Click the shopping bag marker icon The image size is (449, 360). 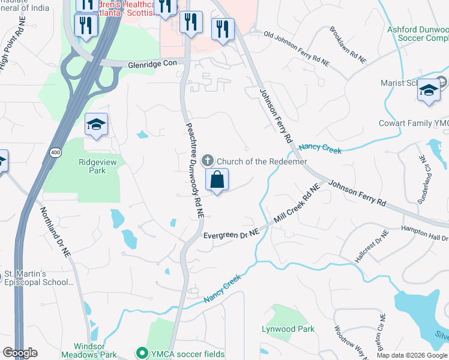[x=217, y=179]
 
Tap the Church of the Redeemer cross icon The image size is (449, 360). [x=208, y=161]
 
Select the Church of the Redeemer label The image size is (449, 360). [x=262, y=161]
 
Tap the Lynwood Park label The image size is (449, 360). [x=288, y=329]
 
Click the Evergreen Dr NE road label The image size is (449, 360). [x=231, y=235]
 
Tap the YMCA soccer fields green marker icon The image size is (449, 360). [x=142, y=352]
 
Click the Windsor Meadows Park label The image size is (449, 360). [x=95, y=350]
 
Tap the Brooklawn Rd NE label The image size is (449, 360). [x=348, y=46]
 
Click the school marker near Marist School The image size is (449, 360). [x=429, y=91]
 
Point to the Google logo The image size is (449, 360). [x=20, y=353]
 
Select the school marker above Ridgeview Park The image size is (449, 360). [x=96, y=125]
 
